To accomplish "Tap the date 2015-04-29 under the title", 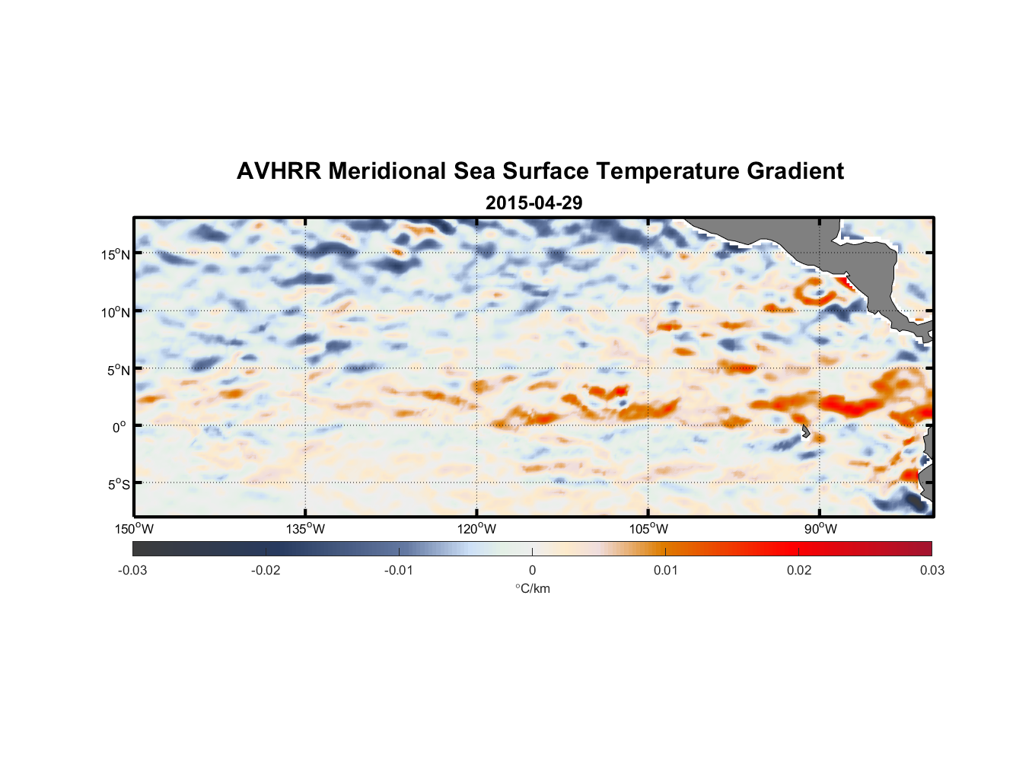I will tap(534, 203).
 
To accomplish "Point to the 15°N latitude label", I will tap(115, 254).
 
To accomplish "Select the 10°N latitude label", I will tap(115, 312).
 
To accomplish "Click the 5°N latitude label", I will tap(118, 370).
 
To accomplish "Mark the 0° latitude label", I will tap(119, 427).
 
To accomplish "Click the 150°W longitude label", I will tap(134, 529).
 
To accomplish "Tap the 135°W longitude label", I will tap(305, 529).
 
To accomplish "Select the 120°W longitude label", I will tap(476, 529).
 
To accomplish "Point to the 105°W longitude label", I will tap(648, 529).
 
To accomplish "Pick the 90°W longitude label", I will tap(820, 529).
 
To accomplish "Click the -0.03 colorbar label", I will tap(132, 570).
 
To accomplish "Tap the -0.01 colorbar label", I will tap(399, 570).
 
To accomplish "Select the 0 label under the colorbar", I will tap(532, 570).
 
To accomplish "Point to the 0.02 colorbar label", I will tap(799, 570).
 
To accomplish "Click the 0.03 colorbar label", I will tap(932, 570).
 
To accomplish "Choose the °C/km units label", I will tap(532, 588).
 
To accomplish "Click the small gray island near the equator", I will tap(805, 431).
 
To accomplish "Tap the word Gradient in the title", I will tap(795, 171).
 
